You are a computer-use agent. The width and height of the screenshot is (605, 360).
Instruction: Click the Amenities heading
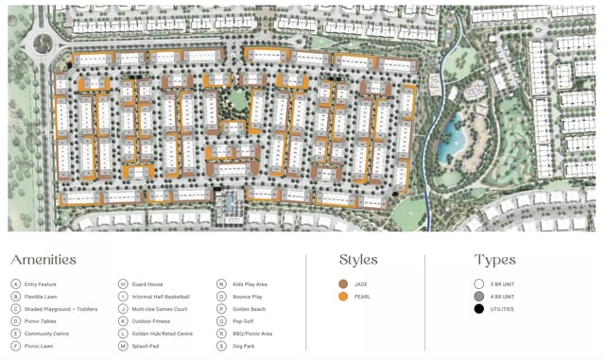pos(43,260)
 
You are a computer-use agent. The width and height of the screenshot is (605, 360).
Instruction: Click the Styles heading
pos(358,260)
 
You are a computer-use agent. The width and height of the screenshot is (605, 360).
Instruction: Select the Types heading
pos(494,260)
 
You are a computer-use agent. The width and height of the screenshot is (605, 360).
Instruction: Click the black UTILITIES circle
pos(479,309)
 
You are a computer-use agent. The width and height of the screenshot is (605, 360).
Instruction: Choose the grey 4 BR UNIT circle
pos(479,297)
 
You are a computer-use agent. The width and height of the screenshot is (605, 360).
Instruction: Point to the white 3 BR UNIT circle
pos(479,283)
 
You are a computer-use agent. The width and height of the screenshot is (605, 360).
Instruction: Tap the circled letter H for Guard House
pos(123,283)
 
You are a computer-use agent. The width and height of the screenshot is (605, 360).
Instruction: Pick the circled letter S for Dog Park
pos(221,346)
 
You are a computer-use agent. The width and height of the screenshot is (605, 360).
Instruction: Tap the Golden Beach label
pos(248,309)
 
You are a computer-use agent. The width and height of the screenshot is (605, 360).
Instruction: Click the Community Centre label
pos(46,334)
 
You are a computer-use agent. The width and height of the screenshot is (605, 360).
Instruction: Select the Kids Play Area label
pos(250,283)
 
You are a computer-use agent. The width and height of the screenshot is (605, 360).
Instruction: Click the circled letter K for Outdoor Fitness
pos(123,321)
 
